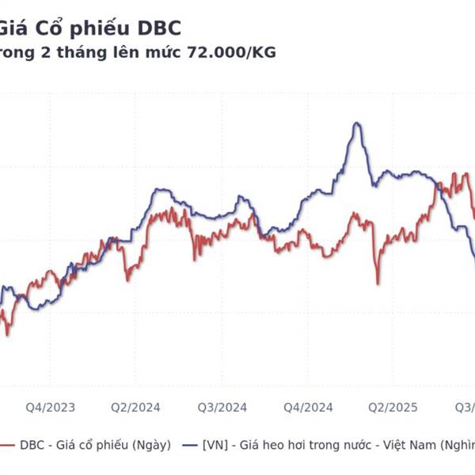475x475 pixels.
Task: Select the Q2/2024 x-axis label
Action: pyautogui.click(x=135, y=407)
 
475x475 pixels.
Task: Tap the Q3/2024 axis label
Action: pyautogui.click(x=222, y=407)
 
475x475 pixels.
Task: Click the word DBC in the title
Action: pyautogui.click(x=159, y=29)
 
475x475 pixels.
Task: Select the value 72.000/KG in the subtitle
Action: pyautogui.click(x=230, y=52)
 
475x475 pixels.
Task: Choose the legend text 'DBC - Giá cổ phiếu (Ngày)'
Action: pyautogui.click(x=93, y=445)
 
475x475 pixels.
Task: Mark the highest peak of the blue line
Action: pyautogui.click(x=357, y=123)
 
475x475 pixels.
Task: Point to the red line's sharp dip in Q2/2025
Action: pyautogui.click(x=378, y=283)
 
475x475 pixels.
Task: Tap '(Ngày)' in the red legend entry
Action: pyautogui.click(x=152, y=445)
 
